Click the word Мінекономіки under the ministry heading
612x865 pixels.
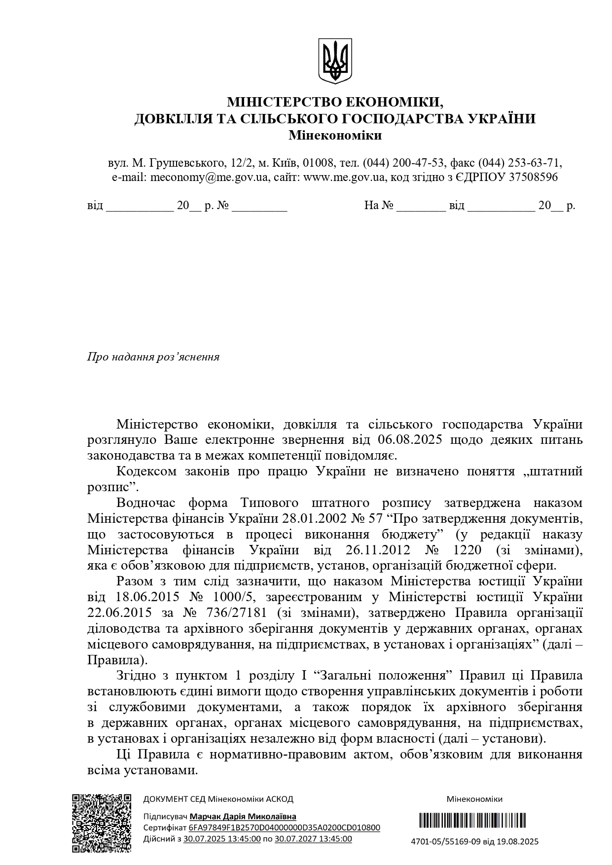coord(335,135)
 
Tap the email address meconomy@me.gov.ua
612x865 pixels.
coord(210,177)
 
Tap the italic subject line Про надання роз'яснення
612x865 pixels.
coord(153,357)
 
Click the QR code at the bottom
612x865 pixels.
coord(102,823)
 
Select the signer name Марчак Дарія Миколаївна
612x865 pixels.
coord(243,817)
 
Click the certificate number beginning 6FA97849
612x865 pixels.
coord(285,828)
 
